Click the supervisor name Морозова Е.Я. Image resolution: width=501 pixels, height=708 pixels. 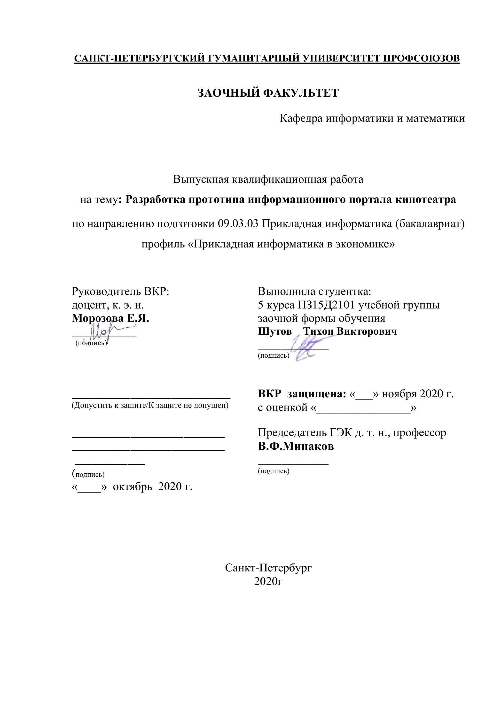point(110,318)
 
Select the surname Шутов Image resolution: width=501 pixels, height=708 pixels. point(274,331)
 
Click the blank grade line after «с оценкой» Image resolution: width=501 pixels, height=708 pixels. point(363,408)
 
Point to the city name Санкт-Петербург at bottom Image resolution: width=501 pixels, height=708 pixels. point(268,568)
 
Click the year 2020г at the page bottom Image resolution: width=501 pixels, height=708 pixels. point(268,581)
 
